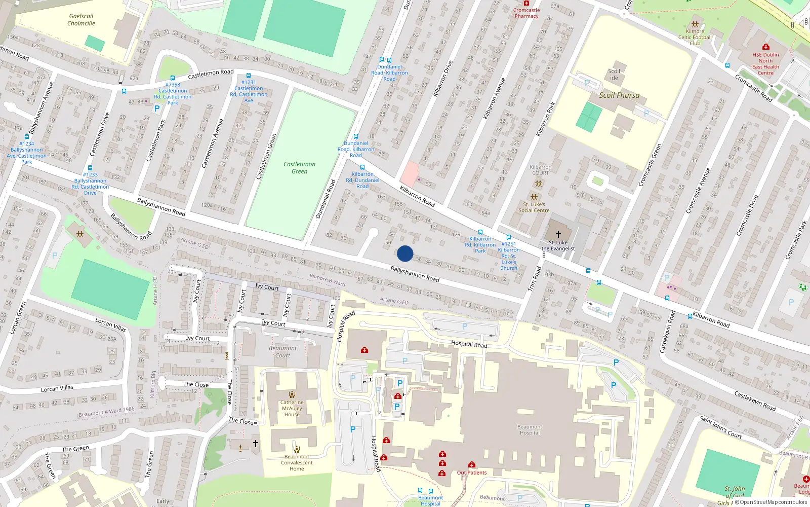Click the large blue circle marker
coord(405,253)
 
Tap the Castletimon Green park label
coord(299,168)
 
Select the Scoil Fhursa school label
coord(619,95)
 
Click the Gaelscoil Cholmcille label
coord(81,20)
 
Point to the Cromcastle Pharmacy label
coord(526,13)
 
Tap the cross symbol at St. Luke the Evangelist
coord(558,234)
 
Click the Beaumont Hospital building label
coord(530,430)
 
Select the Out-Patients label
coord(472,473)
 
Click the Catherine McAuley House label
coord(292,408)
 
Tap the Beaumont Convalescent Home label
coord(297,462)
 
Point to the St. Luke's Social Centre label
coord(534,207)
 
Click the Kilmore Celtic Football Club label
coord(695,37)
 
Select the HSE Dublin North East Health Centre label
coord(765,64)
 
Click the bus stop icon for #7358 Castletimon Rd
coord(173,78)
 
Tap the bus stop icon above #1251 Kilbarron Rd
coord(508,237)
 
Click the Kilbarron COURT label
coord(540,170)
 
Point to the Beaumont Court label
coord(282,352)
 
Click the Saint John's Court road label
coord(720,427)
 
